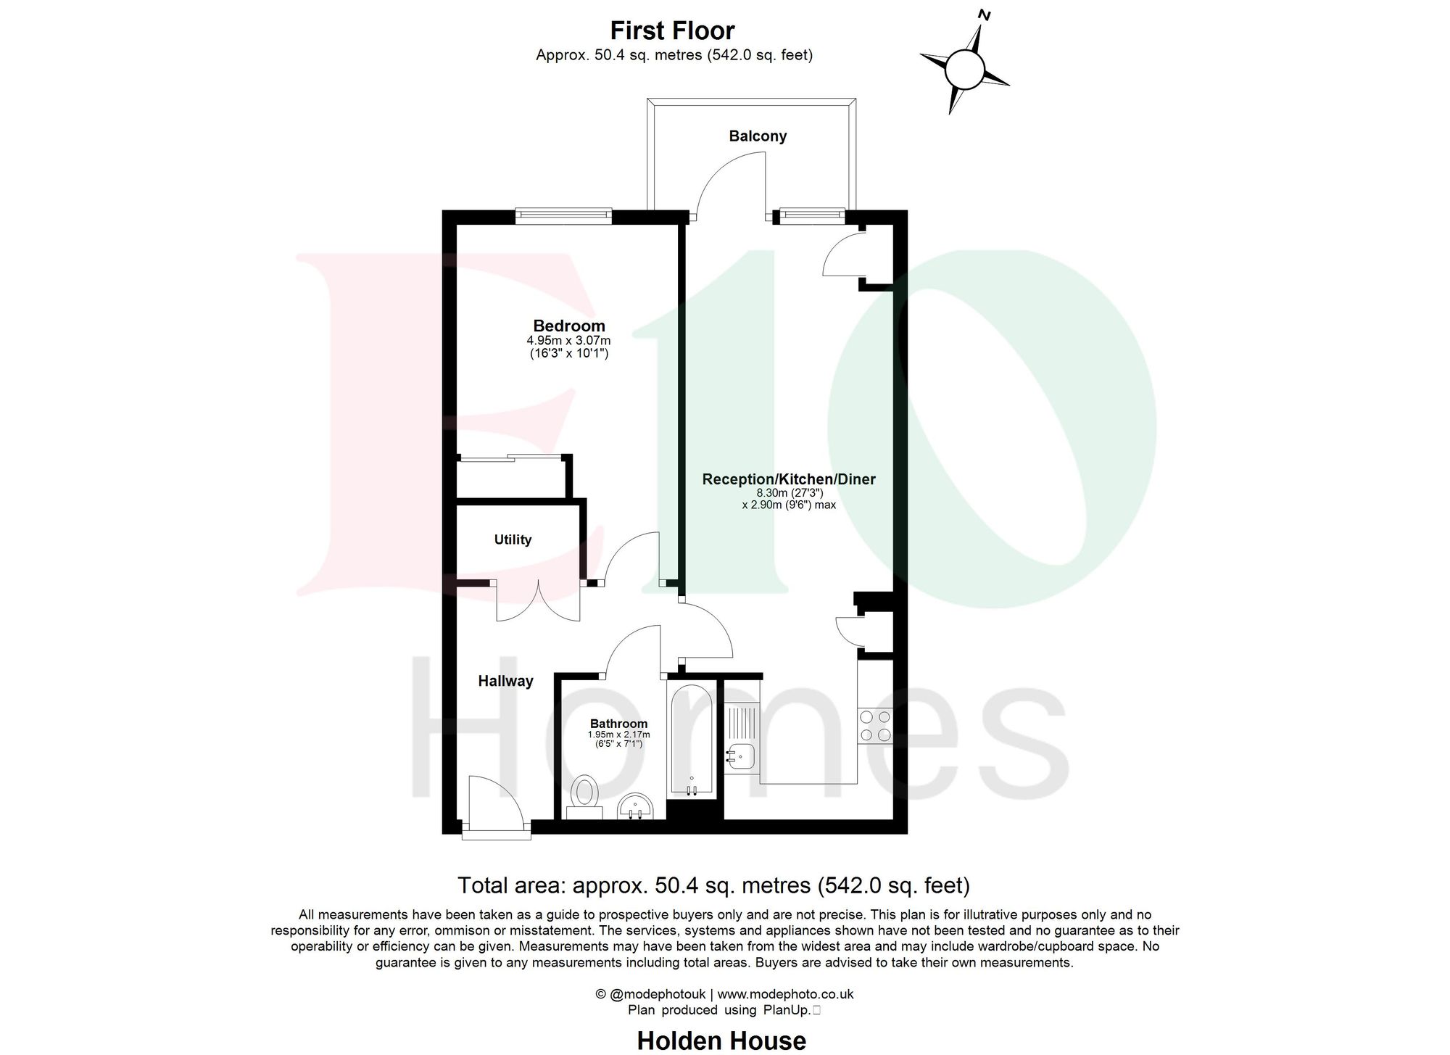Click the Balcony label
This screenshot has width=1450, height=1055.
tap(758, 136)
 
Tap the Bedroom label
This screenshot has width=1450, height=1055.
tap(569, 326)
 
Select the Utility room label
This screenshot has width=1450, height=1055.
tap(513, 539)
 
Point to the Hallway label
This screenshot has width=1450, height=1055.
tap(505, 681)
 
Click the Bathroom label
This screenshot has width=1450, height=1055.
tap(618, 724)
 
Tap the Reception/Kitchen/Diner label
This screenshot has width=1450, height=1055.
tap(789, 479)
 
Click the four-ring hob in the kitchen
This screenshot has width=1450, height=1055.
tap(875, 726)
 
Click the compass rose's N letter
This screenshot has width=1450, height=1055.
tap(985, 15)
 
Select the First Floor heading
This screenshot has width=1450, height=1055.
tap(672, 31)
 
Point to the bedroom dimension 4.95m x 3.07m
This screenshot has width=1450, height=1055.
tap(568, 341)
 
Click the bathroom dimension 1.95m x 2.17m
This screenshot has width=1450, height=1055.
tap(618, 735)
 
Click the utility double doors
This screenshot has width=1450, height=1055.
tap(538, 601)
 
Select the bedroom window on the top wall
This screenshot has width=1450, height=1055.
tap(563, 215)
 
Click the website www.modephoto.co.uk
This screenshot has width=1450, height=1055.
tap(785, 994)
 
